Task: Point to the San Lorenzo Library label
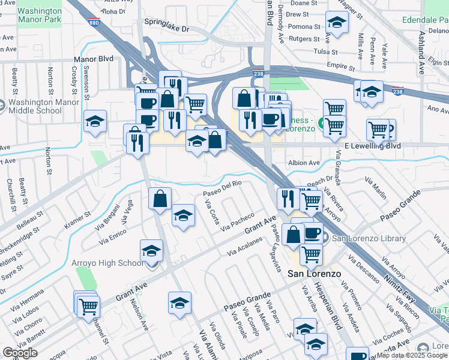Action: pos(369,238)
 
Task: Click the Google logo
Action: pos(20,353)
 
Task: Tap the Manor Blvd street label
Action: pos(93,59)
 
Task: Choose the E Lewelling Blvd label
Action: pos(372,146)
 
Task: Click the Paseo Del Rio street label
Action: pos(221,188)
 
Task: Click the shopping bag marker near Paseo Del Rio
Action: pos(160,199)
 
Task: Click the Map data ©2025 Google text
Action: pos(411,355)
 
